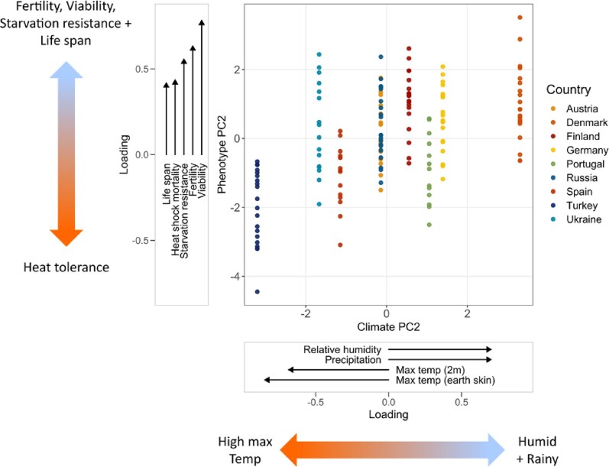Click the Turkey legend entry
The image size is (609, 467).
[x=575, y=206]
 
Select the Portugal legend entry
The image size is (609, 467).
[x=577, y=164]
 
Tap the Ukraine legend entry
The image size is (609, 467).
[x=578, y=219]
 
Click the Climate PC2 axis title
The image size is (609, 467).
[x=387, y=328]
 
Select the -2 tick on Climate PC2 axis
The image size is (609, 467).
[x=306, y=313]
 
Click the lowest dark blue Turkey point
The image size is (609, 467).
[x=258, y=292]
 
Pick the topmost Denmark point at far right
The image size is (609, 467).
[x=520, y=18]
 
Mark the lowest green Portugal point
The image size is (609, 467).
[x=429, y=225]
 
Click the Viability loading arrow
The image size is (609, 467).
[x=202, y=84]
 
